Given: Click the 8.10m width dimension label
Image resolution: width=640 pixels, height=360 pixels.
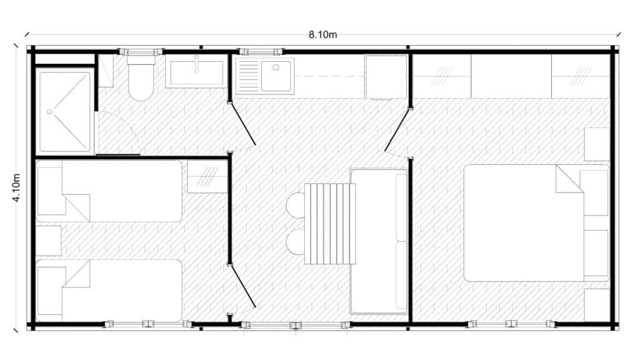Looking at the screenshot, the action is tap(322, 35).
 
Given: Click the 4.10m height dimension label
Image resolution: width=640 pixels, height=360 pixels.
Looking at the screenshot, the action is tap(16, 187).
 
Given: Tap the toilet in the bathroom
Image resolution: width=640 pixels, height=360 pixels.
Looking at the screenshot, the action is tap(141, 78).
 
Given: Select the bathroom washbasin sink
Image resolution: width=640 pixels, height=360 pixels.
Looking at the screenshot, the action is tap(196, 73).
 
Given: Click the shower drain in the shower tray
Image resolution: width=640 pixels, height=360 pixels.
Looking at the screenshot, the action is tap(49, 111).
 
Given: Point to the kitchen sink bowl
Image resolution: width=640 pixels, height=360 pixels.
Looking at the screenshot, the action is tap(276, 76).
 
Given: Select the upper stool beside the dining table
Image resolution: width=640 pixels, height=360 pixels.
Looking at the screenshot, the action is tap(296, 206).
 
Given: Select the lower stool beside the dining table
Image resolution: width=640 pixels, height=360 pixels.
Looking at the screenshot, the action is tap(296, 242).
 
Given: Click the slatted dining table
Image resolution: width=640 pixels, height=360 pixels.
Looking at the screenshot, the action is tap(330, 224).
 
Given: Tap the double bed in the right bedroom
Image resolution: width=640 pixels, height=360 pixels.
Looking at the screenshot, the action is tap(536, 223).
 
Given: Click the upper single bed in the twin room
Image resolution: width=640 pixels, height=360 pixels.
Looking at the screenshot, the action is tap(109, 191).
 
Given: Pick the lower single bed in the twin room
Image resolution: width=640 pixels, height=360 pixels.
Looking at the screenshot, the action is tap(109, 291).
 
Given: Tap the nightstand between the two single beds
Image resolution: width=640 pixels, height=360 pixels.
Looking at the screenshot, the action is tap(49, 241).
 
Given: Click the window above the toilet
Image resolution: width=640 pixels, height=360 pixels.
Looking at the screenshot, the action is tap(141, 51).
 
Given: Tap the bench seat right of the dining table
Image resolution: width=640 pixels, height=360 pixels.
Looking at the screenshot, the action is tap(379, 241).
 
